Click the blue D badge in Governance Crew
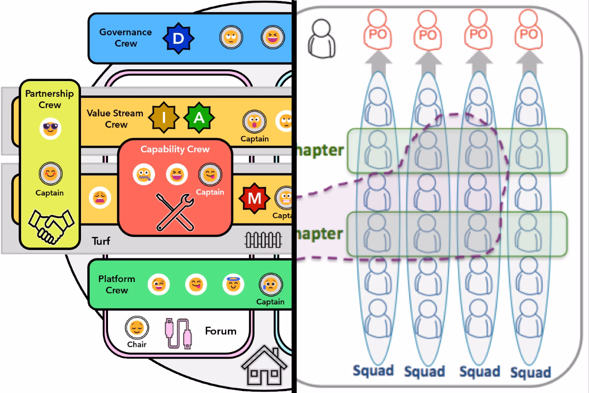(178, 37)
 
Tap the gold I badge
(164, 118)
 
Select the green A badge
(199, 118)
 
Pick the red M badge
(254, 198)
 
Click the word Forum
(220, 331)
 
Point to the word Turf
(101, 241)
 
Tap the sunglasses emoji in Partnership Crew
(50, 129)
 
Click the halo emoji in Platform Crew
(233, 284)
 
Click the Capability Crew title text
(175, 149)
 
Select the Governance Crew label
(125, 38)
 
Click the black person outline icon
(322, 38)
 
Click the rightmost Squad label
(530, 372)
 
